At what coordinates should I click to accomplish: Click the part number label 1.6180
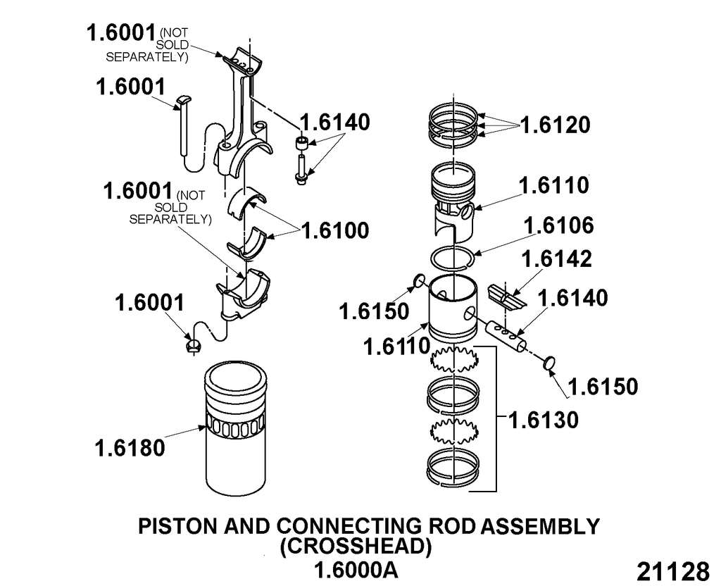tap(131, 447)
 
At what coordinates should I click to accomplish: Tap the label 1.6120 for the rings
tap(555, 125)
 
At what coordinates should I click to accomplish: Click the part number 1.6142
tap(556, 258)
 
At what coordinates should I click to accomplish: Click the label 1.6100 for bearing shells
tap(334, 230)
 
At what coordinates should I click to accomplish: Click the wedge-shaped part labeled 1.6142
tap(507, 295)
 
